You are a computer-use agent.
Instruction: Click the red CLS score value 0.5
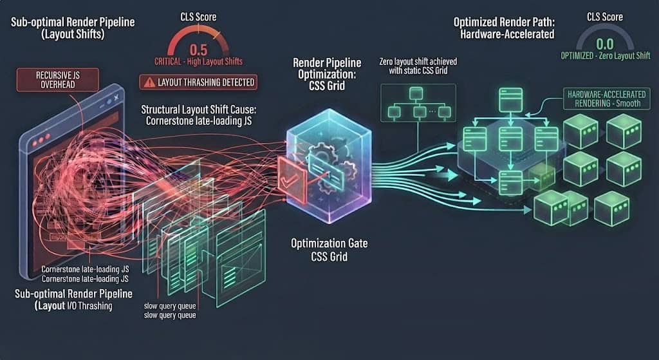pyautogui.click(x=198, y=50)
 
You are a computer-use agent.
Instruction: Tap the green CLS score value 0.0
pyautogui.click(x=605, y=44)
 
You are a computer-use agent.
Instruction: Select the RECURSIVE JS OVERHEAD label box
pyautogui.click(x=57, y=80)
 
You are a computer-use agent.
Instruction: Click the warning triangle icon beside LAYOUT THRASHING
pyautogui.click(x=149, y=82)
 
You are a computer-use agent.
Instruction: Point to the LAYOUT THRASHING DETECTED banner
pyautogui.click(x=198, y=82)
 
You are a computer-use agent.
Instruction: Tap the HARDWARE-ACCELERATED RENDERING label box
pyautogui.click(x=606, y=99)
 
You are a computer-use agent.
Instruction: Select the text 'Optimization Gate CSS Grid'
pyautogui.click(x=329, y=249)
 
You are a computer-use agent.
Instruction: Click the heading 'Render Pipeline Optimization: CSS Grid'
pyautogui.click(x=327, y=75)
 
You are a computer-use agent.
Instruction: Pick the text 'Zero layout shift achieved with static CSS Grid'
pyautogui.click(x=418, y=66)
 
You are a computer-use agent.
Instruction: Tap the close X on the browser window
pyautogui.click(x=116, y=97)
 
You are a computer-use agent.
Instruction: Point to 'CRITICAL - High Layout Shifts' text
pyautogui.click(x=198, y=61)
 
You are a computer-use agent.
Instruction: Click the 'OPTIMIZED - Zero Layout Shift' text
pyautogui.click(x=605, y=55)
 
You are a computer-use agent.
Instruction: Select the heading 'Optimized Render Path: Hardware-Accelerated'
pyautogui.click(x=504, y=28)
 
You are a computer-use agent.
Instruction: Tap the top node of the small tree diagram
pyautogui.click(x=416, y=93)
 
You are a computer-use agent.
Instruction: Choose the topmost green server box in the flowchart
pyautogui.click(x=510, y=100)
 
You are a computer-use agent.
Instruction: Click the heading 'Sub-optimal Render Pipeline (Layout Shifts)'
pyautogui.click(x=73, y=28)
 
